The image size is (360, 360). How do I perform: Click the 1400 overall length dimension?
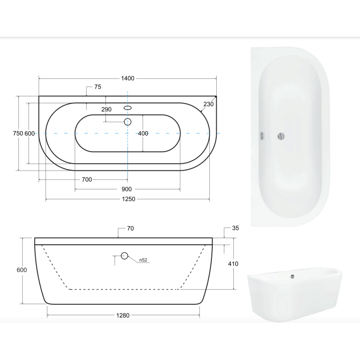[x=128, y=79]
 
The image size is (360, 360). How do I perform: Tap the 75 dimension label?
[x=97, y=87]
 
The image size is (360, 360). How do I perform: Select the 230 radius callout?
[x=208, y=104]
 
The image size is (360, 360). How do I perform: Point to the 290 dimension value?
[x=106, y=109]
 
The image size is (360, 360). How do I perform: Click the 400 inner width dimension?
[x=143, y=133]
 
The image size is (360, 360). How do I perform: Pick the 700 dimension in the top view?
[x=87, y=180]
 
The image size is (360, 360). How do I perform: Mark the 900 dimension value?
[x=126, y=189]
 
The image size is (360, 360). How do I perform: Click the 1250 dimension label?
[x=128, y=199]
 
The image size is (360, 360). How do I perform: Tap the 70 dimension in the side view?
[x=130, y=229]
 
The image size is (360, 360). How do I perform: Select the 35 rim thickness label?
[x=236, y=229]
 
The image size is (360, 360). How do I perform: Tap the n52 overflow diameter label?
[x=143, y=260]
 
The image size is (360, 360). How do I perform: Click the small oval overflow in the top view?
[x=128, y=107]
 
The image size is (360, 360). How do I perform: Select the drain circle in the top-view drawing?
[x=128, y=121]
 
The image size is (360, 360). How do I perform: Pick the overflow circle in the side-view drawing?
[x=124, y=256]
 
